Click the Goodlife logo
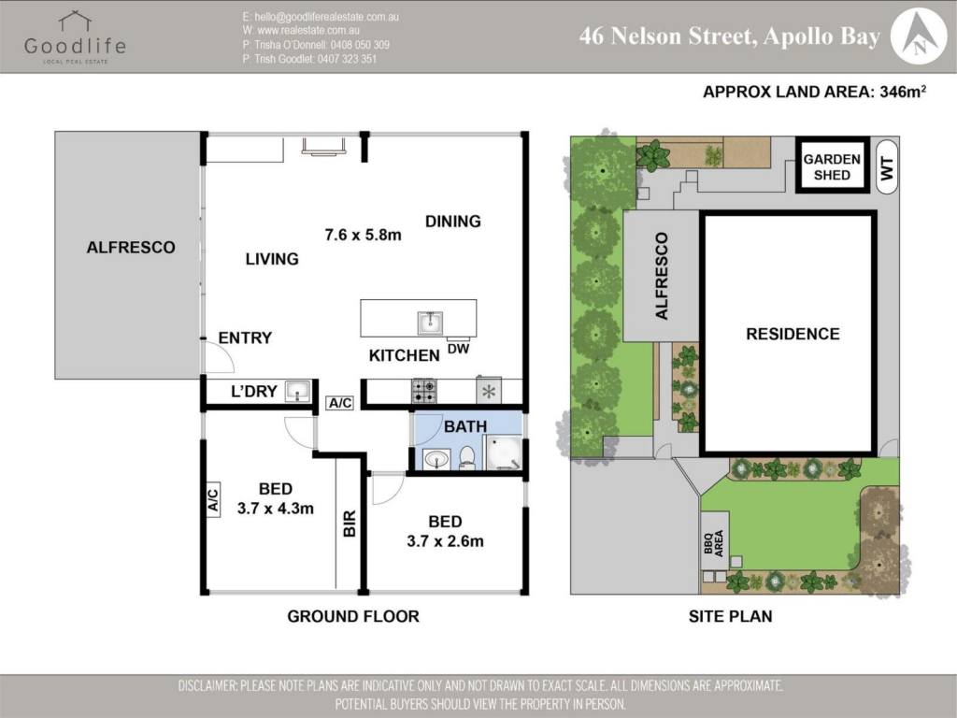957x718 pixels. [75, 37]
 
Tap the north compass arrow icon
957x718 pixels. [919, 36]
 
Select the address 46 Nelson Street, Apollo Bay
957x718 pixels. [729, 36]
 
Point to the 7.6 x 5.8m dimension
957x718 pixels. [364, 235]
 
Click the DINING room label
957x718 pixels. [453, 221]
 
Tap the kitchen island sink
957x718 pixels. [430, 323]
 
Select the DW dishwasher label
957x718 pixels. [458, 349]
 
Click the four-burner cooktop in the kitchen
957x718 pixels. [423, 391]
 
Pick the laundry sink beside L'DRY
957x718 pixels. [298, 391]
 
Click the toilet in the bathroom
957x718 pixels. [467, 457]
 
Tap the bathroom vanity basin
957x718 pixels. [436, 459]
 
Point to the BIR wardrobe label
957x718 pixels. [350, 524]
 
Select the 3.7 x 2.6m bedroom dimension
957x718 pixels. [445, 541]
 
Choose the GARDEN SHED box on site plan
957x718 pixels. [832, 165]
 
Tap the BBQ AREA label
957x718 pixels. [713, 543]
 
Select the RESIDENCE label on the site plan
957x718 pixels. [793, 334]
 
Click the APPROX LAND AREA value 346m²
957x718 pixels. [903, 92]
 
